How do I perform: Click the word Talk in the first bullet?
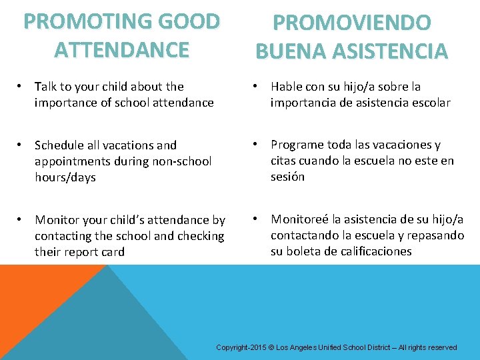pos(46,87)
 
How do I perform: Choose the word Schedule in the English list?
pos(60,145)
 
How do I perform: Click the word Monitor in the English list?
pos(56,220)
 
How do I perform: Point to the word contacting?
pos(65,236)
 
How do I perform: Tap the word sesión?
pos(287,177)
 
